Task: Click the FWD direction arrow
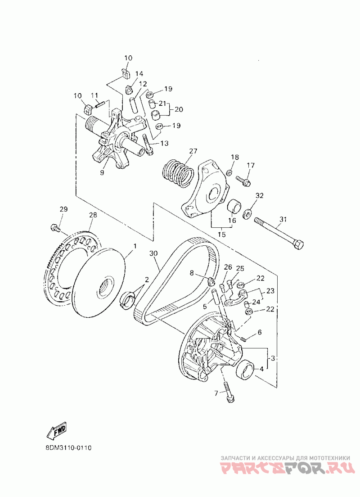[x=57, y=430]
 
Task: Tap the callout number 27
[x=193, y=151]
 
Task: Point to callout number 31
[x=282, y=220]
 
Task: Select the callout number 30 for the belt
[x=154, y=253]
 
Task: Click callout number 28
[x=93, y=216]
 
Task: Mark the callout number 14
[x=139, y=73]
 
